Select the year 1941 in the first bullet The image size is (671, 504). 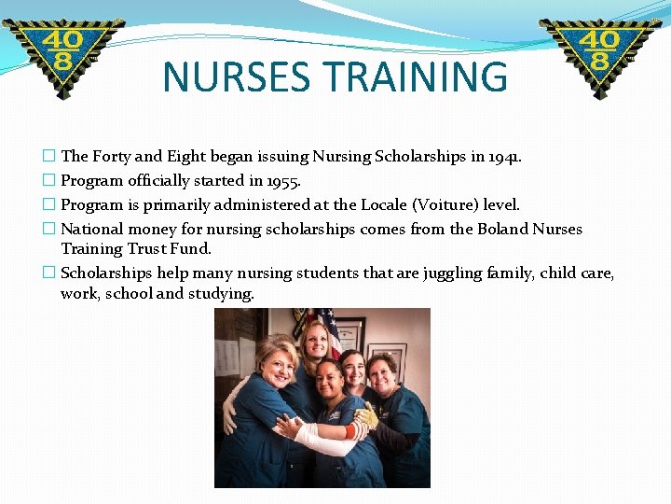(x=502, y=157)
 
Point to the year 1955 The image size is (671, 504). (x=281, y=181)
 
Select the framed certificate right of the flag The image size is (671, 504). (x=351, y=334)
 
